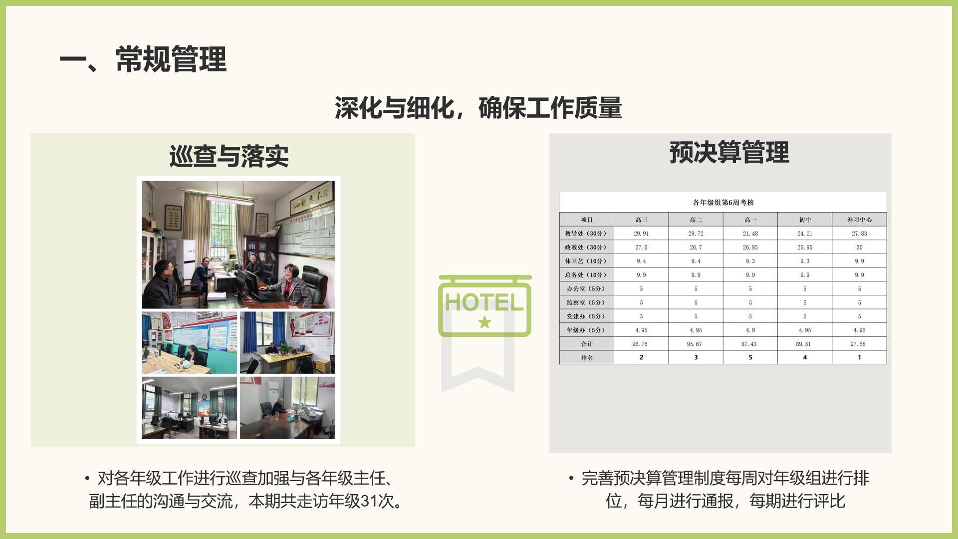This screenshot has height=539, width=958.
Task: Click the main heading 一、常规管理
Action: tap(143, 59)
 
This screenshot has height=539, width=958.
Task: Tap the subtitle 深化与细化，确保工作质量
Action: tap(479, 108)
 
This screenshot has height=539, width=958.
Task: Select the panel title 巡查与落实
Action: tap(229, 156)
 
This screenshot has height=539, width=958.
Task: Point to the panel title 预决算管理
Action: tap(729, 152)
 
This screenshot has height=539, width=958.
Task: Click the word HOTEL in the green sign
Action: tap(484, 302)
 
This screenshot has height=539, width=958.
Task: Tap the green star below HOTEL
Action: tap(484, 322)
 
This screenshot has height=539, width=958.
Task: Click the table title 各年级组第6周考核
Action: tap(723, 202)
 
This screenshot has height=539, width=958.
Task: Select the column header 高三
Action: tap(641, 220)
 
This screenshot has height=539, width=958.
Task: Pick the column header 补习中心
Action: tap(859, 220)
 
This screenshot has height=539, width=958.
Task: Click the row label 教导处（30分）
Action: tap(586, 234)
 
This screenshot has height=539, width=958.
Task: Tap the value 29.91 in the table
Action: tap(641, 234)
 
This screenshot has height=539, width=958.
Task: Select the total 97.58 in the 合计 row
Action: tap(859, 344)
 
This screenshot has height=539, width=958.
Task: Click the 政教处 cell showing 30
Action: tap(859, 248)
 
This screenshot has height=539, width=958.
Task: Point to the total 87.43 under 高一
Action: tap(750, 344)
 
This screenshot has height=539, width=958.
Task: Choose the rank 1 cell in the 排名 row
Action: tap(859, 357)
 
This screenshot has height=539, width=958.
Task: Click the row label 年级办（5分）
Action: tap(586, 330)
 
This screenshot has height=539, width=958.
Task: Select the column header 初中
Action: tap(805, 220)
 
